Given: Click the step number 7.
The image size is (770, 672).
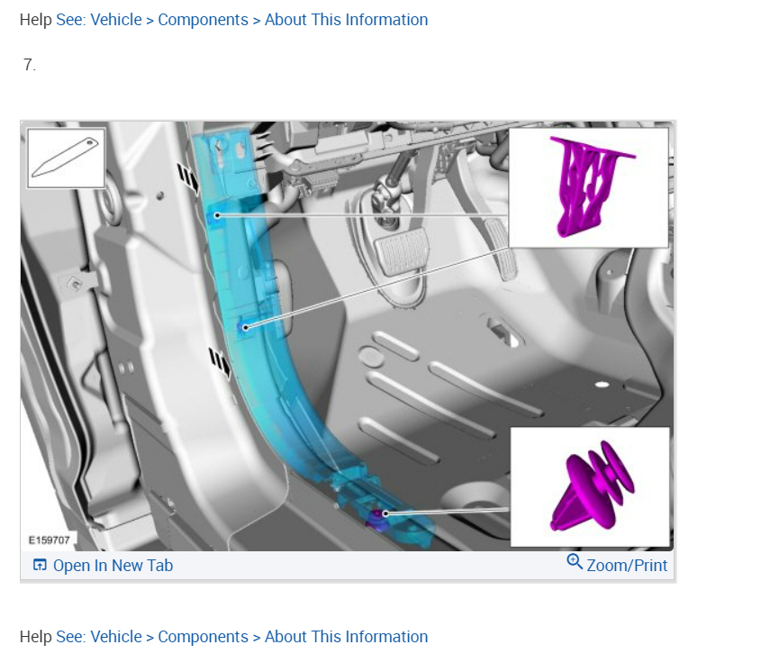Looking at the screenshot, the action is [30, 65].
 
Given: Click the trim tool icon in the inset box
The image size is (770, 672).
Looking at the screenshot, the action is [66, 158].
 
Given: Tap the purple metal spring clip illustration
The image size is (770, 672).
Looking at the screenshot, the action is [588, 186].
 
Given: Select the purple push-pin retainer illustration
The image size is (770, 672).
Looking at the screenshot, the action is [593, 486].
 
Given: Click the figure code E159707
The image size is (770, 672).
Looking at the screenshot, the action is [50, 540].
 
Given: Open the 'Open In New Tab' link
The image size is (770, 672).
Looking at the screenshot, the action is [113, 566].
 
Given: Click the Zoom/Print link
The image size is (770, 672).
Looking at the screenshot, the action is [627, 566].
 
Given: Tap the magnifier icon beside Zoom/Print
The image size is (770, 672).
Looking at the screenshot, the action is [575, 561].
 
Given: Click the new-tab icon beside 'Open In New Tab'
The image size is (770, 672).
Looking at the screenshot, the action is [40, 565].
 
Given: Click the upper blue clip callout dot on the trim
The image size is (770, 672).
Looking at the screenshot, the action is [217, 215].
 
